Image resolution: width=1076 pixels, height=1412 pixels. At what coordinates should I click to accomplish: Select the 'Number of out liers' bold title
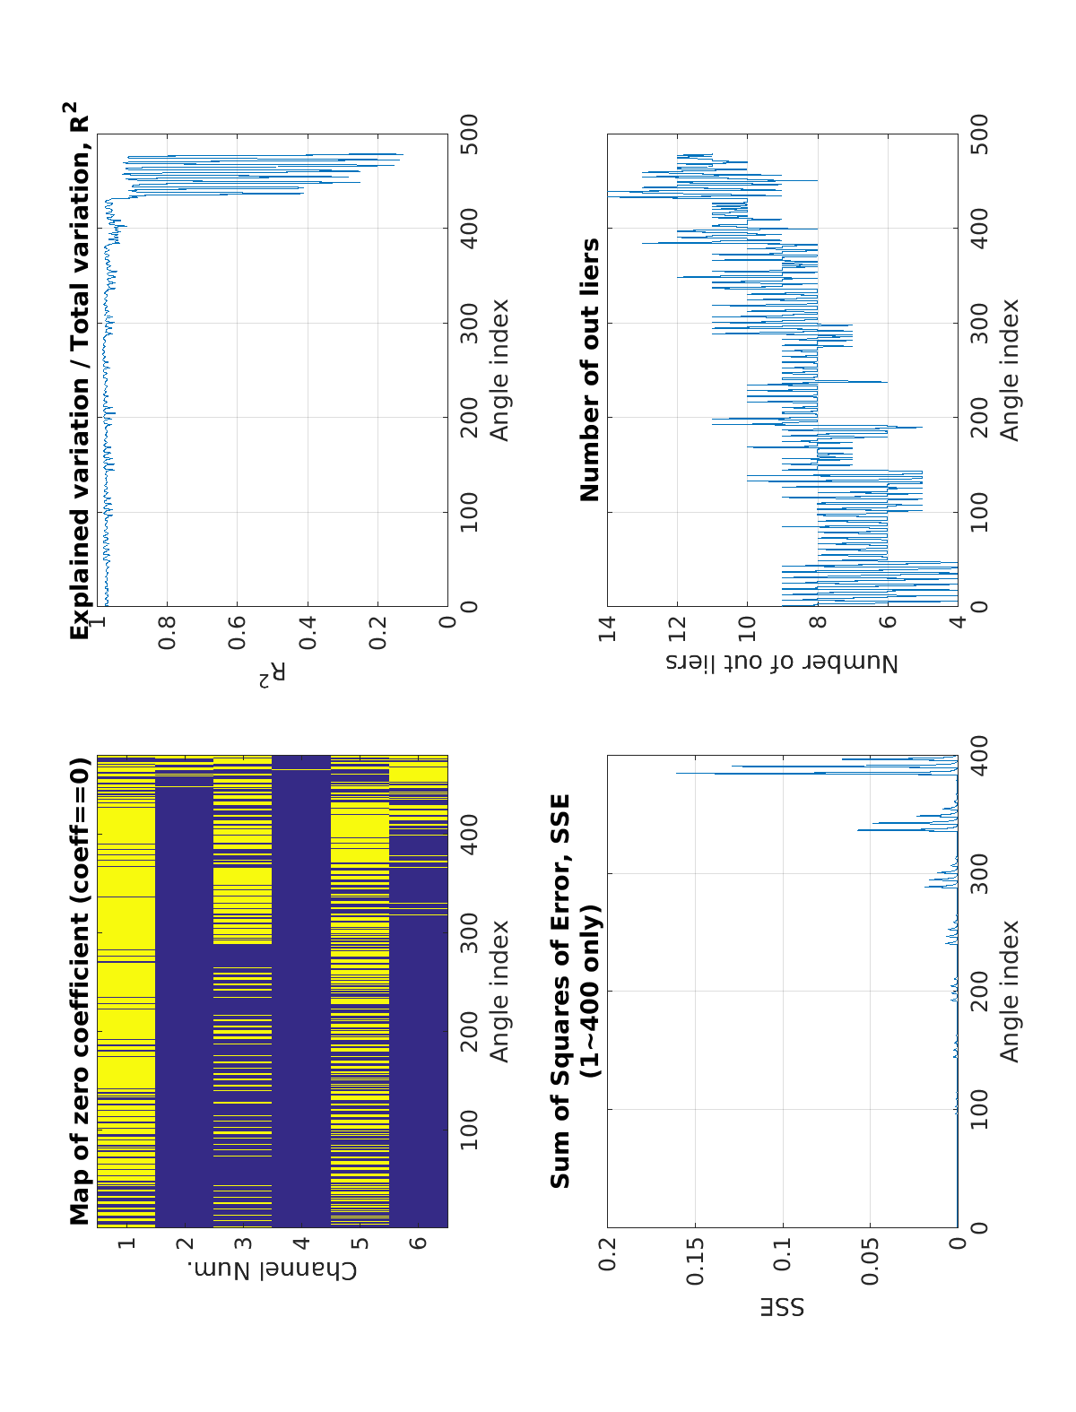point(590,370)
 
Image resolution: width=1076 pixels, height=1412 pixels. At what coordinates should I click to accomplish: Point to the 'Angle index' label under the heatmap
point(499,991)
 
